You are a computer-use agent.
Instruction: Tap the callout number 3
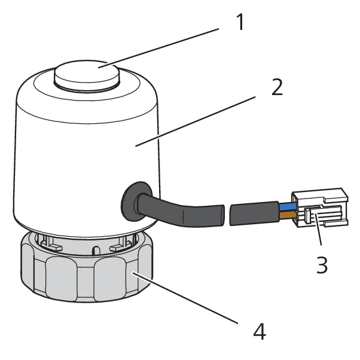[x=322, y=264]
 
